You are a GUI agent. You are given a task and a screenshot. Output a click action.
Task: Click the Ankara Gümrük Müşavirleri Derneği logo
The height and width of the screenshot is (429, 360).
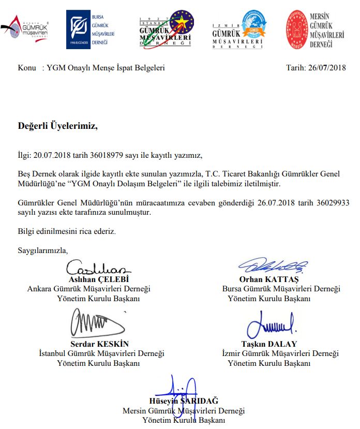tap(25, 28)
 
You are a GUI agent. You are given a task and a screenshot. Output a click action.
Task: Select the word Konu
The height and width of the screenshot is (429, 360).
tap(26, 68)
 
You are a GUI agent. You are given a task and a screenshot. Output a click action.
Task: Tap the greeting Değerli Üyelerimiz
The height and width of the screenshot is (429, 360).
tap(57, 126)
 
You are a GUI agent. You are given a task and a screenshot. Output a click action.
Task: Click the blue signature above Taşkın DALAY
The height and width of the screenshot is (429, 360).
tap(271, 324)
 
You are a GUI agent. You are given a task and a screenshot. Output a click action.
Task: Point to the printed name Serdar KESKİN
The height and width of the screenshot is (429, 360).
tap(99, 344)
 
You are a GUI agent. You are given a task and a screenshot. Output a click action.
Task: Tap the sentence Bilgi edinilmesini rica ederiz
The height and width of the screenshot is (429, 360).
tap(67, 231)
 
